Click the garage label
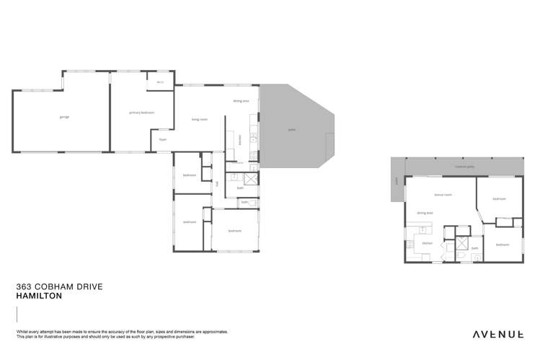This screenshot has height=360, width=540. [x=64, y=116]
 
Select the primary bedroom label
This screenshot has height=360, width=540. [x=141, y=113]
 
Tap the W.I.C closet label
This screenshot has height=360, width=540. [x=159, y=82]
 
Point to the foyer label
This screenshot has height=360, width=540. [x=163, y=139]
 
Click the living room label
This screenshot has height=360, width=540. [x=200, y=119]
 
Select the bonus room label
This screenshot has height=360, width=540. [x=443, y=195]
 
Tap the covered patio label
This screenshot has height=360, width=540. [x=464, y=166]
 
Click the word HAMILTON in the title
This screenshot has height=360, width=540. [x=39, y=296]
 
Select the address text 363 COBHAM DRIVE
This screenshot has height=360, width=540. [x=59, y=286]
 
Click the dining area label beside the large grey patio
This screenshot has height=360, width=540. [x=241, y=101]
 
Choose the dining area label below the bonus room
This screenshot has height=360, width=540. [x=425, y=213]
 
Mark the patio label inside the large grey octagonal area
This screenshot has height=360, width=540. [x=292, y=130]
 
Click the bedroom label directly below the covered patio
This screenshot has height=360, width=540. [x=499, y=198]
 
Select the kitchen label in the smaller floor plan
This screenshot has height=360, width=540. [x=427, y=243]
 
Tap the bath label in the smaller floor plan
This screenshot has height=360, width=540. [x=474, y=248]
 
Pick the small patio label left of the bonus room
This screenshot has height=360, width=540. [x=396, y=189]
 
